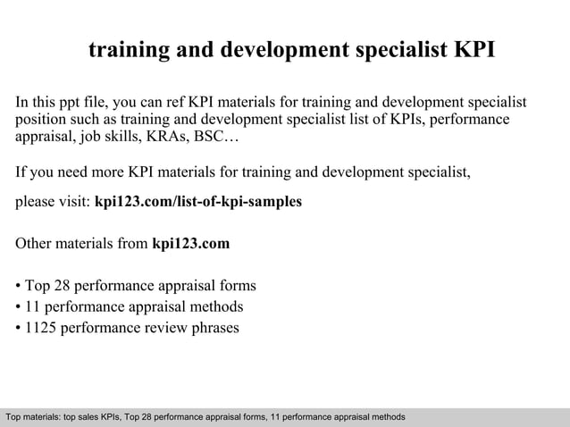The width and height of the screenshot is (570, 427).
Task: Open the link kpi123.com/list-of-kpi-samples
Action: coord(198,202)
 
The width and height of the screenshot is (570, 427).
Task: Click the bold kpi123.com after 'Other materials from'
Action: coord(191,243)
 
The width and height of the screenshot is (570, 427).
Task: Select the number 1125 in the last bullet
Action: coord(42,328)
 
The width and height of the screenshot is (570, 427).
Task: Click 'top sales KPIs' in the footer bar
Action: coord(96,417)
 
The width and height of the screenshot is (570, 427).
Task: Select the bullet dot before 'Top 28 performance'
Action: coord(19,287)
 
